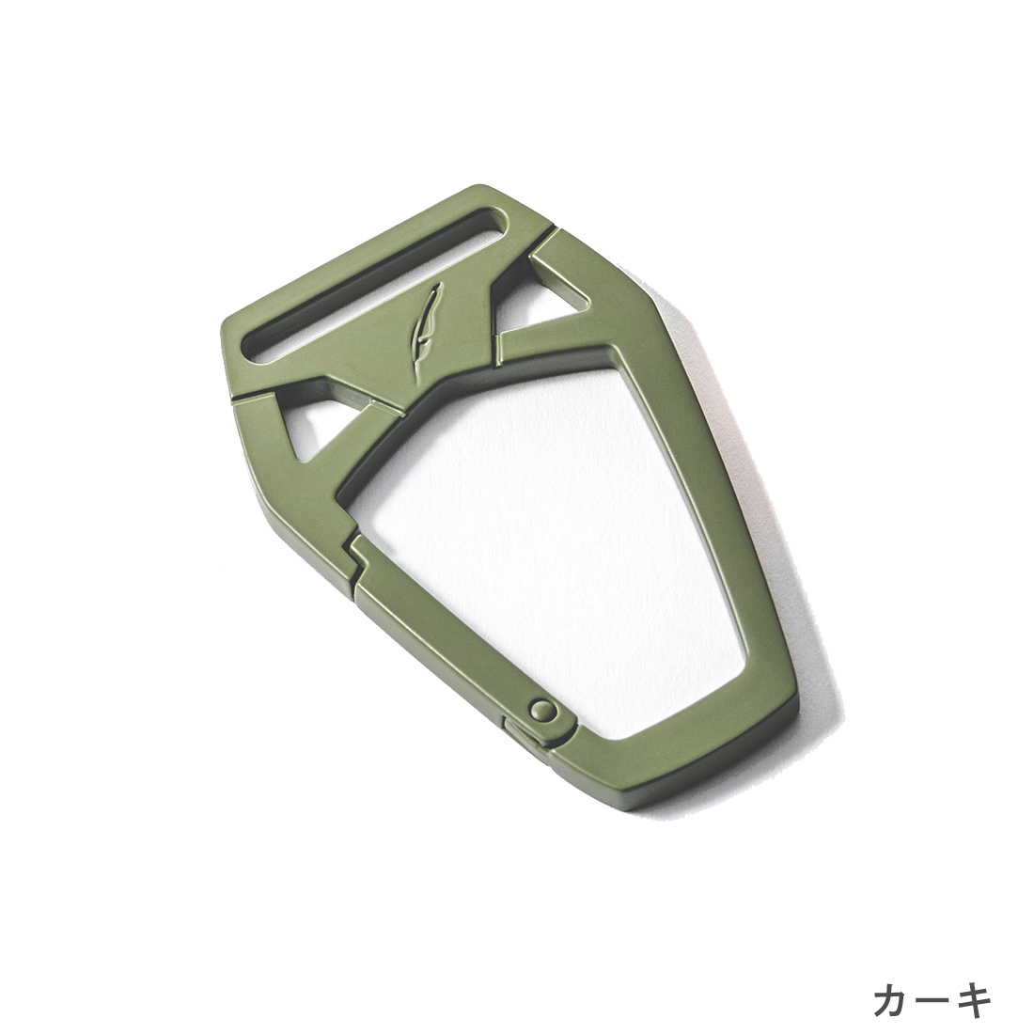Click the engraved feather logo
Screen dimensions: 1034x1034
[x=425, y=321]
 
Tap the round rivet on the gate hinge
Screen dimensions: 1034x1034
[x=542, y=711]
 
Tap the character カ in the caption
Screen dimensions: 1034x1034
[x=894, y=1000]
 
